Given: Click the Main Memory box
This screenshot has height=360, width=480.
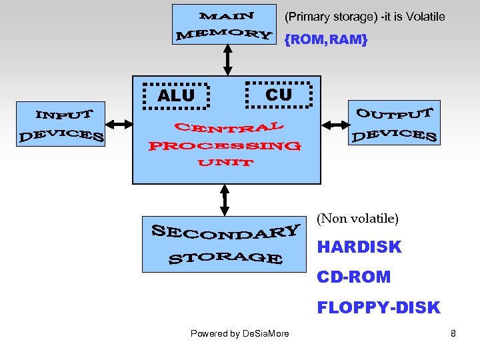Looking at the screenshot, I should click(224, 25).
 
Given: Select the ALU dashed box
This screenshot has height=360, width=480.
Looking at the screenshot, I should click(177, 95).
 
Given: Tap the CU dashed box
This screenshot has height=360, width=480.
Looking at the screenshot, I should click(278, 95).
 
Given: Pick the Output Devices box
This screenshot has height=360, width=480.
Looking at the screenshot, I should click(394, 123).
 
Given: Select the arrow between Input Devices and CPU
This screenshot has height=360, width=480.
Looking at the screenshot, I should click(119, 124).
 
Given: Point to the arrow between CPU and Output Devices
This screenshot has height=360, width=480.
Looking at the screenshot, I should click(335, 124).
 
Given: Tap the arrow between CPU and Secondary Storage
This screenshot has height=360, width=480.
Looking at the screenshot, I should click(225, 200).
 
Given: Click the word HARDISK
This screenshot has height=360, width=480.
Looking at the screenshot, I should click(359, 247).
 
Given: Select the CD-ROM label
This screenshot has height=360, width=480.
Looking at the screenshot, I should click(354, 277).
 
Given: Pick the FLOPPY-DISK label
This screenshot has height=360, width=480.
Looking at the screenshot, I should click(379, 307).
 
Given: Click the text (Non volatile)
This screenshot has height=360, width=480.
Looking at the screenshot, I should click(357, 218).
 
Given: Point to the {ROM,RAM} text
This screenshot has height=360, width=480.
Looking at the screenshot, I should click(325, 40).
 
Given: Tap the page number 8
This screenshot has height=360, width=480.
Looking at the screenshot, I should click(453, 333).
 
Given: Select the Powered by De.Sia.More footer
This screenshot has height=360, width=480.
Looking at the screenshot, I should click(240, 333).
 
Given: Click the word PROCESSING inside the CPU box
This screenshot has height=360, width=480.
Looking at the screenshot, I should click(225, 145).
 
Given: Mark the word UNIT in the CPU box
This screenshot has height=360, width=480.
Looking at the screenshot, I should click(225, 163).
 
